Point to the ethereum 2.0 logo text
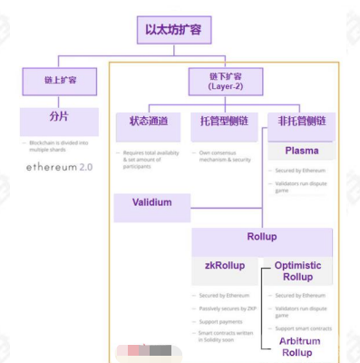(x=60, y=168)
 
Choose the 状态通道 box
(x=149, y=121)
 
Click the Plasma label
(x=301, y=150)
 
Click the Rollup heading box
(x=261, y=238)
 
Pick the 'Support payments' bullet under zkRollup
(x=223, y=320)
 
